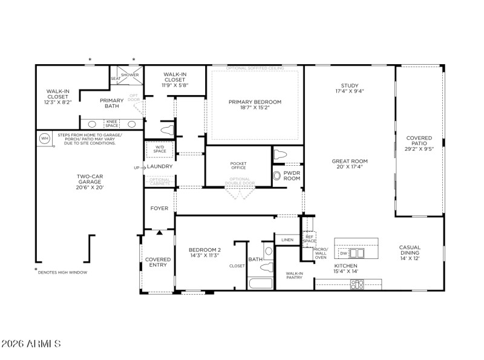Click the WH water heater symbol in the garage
point(44,139)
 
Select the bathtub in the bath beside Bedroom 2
point(261,283)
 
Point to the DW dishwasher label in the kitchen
point(343,253)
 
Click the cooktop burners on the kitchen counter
point(357,284)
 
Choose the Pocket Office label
point(238,166)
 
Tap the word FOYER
point(159,208)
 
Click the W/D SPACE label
point(160,149)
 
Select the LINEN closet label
point(287,240)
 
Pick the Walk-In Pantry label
point(294,276)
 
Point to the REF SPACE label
point(309,239)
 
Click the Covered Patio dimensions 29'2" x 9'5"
point(419,148)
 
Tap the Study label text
point(349,85)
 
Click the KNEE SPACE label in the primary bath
point(113,123)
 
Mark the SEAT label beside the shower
point(116,79)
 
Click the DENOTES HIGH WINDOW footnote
point(62,272)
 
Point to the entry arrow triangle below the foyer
point(159,232)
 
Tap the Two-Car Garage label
point(90,180)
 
